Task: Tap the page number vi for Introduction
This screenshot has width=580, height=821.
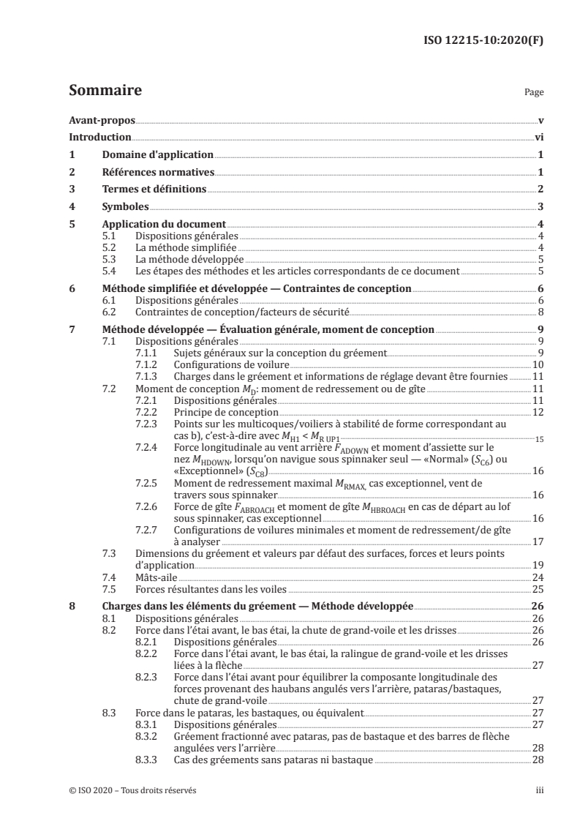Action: (538, 137)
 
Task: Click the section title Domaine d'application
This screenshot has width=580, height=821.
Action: (157, 154)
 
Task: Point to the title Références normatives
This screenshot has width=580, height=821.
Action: (157, 172)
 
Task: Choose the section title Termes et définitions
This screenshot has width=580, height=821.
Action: (154, 190)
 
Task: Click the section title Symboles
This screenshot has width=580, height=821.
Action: (125, 207)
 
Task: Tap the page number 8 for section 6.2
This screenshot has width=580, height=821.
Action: (539, 311)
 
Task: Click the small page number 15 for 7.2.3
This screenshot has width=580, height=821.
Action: (539, 440)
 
